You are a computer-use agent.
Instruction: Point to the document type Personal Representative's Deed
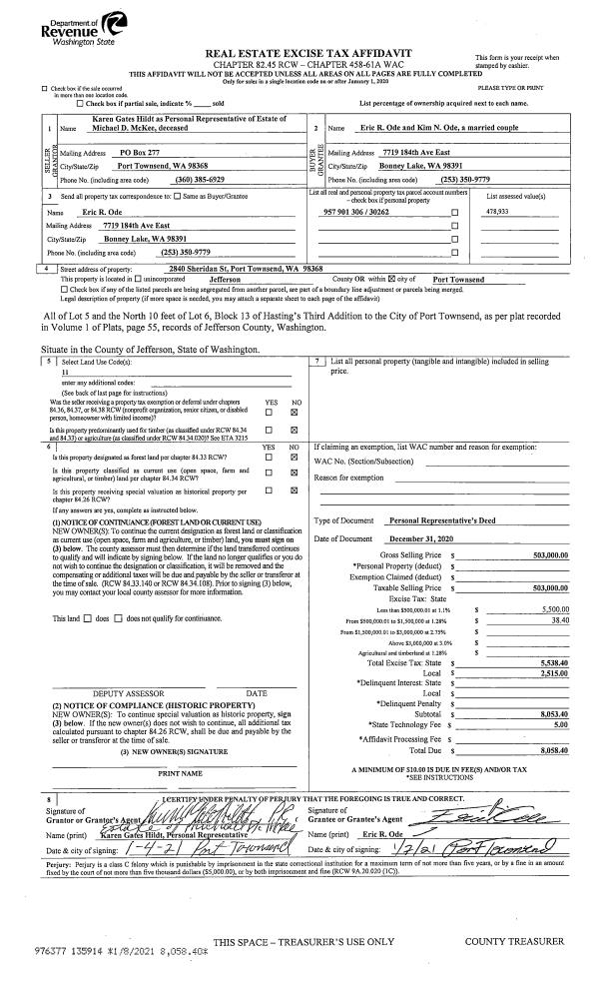[439, 521]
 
